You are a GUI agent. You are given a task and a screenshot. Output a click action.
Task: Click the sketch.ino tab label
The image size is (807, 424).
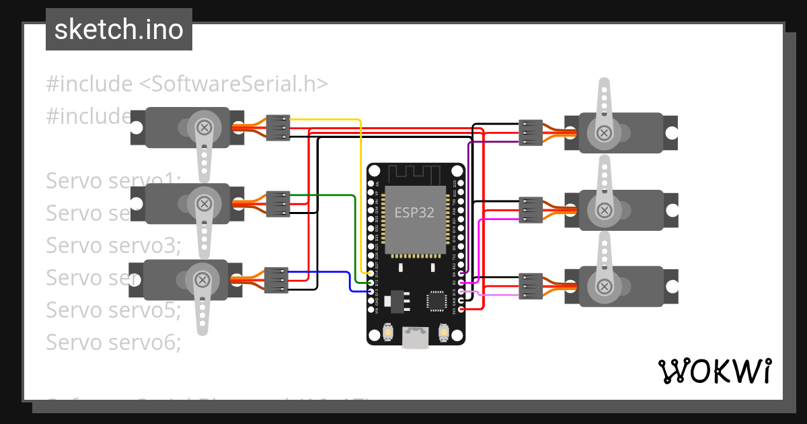coord(118,30)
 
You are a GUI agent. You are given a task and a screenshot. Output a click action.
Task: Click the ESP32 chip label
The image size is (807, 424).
coord(414,213)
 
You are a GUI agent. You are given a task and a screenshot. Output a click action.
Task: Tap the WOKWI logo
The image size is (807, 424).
coord(714,371)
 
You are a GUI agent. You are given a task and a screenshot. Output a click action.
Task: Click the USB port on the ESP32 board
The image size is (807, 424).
coord(415,338)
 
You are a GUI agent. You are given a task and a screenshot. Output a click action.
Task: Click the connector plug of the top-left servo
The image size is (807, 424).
coord(278,127)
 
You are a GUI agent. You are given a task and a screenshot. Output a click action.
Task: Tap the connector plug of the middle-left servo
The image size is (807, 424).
coord(278,204)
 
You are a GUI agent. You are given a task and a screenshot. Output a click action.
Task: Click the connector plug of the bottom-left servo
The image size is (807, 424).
coord(276,280)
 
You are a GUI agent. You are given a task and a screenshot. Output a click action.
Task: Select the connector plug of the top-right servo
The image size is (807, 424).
coord(531,133)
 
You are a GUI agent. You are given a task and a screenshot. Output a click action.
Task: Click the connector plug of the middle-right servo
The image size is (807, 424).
coord(531,209)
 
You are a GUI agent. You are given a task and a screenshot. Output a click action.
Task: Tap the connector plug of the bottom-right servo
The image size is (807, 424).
coord(531,286)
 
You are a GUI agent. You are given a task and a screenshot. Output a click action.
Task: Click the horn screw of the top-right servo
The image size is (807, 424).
coord(604,133)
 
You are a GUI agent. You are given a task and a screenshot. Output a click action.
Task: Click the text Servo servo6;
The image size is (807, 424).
coord(114,342)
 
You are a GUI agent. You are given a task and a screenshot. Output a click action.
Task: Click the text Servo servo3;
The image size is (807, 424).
coord(114,245)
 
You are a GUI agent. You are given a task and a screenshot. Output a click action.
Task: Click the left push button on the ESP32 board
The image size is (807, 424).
coord(387,332)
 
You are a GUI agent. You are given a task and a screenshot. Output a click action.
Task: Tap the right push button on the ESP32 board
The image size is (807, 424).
coord(443,332)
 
